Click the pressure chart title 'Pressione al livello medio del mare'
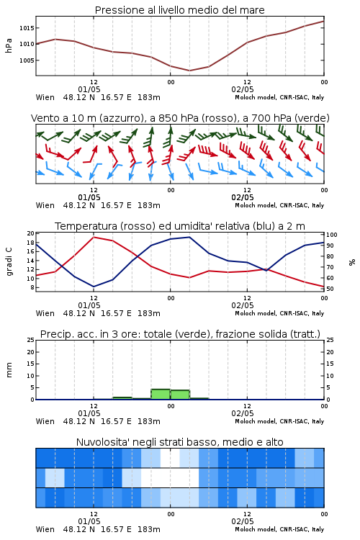coord(179,10)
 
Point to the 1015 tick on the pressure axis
coord(27,28)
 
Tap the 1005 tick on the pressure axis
coord(27,60)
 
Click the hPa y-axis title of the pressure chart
coord(9,45)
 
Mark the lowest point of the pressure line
coord(189,71)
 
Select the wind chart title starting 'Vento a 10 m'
coord(180,118)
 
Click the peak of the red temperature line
coord(94,238)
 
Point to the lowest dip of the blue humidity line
coord(94,287)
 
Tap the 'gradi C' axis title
coord(9,261)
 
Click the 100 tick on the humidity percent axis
coord(332,235)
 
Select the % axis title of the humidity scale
coord(352,262)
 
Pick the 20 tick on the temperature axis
coord(31,233)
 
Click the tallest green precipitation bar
coord(161,395)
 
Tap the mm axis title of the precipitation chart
coord(9,370)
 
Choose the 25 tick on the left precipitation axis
coord(31,340)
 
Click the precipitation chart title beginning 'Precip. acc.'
coord(180,334)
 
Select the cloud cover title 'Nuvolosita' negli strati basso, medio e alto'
coord(179,442)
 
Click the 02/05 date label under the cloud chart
coord(243,521)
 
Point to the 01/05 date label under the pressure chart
coord(89,89)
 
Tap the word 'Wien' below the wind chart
coord(45,206)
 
